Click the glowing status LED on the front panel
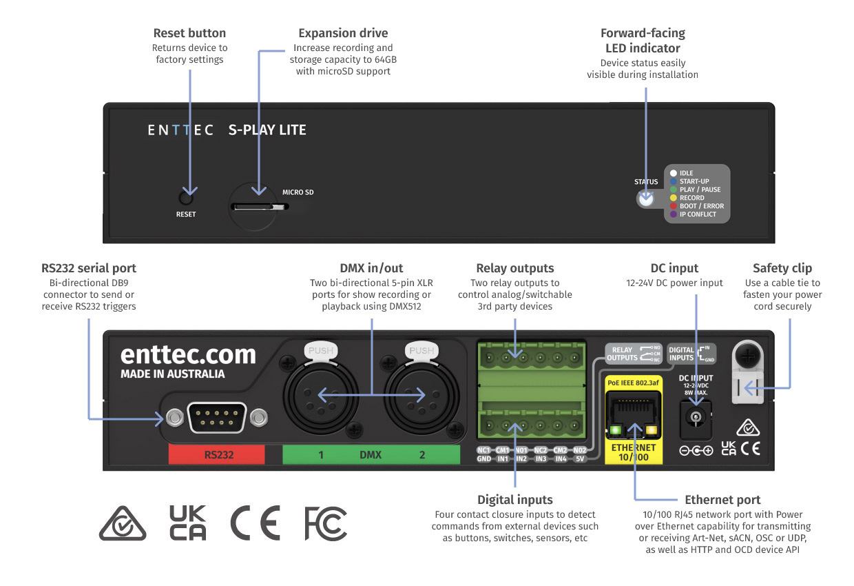(645, 199)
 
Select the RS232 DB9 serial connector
(217, 417)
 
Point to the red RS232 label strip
(217, 455)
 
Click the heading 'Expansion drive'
(343, 33)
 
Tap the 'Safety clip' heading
(782, 268)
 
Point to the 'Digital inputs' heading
(514, 499)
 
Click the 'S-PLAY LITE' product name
(267, 130)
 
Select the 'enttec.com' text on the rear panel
(188, 355)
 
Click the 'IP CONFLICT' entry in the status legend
(698, 214)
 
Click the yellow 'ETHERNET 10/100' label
(633, 452)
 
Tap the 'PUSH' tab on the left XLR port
(320, 350)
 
